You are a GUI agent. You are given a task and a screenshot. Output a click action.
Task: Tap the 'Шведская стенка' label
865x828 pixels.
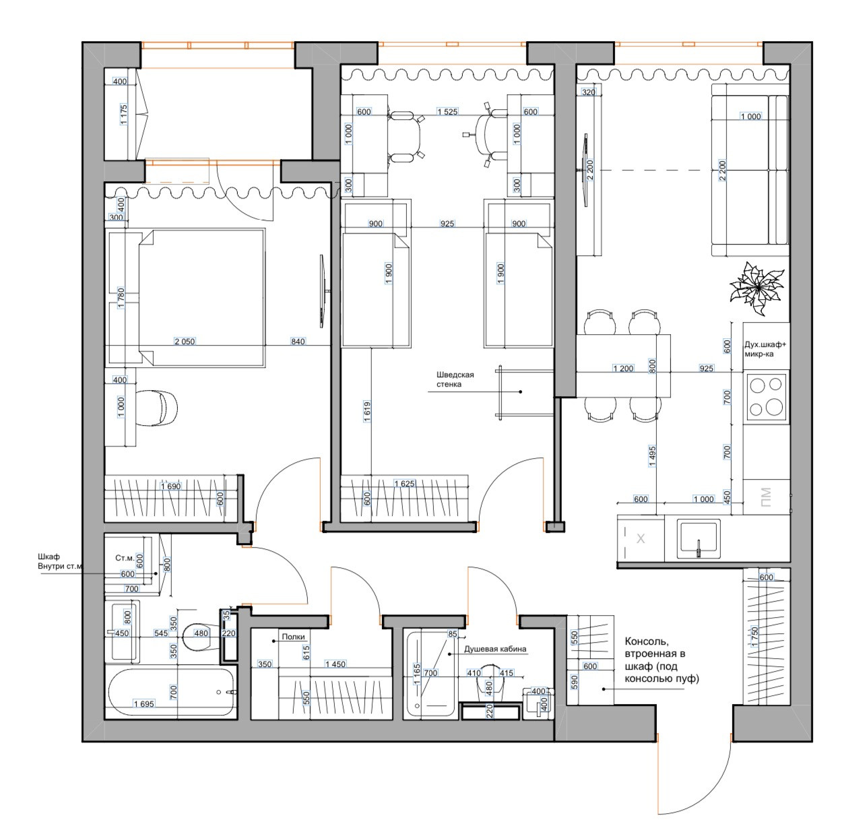point(455,379)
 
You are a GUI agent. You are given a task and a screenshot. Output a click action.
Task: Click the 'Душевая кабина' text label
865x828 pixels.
point(494,649)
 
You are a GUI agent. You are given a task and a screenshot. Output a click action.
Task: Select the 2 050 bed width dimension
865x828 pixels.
point(185,342)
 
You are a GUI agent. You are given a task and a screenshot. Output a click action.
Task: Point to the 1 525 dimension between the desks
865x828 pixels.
point(447,112)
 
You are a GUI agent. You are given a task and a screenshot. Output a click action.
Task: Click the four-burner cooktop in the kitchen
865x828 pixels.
point(766,396)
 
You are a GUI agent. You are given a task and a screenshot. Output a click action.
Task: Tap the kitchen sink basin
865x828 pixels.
point(699,539)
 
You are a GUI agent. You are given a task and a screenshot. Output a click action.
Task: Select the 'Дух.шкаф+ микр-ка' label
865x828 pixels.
point(765,349)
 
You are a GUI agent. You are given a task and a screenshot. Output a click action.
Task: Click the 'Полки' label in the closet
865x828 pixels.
point(293,637)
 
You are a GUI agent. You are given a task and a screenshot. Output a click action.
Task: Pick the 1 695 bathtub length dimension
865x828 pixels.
point(143,703)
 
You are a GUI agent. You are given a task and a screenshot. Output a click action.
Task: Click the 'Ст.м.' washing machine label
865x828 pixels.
point(125,558)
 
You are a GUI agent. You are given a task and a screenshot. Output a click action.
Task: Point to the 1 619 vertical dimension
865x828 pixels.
point(367,411)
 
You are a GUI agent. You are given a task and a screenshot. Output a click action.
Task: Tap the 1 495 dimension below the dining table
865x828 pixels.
point(652,455)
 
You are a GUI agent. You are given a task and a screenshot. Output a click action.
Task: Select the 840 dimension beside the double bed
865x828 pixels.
point(298,342)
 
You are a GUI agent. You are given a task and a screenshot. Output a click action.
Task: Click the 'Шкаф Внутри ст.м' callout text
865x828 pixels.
point(61,561)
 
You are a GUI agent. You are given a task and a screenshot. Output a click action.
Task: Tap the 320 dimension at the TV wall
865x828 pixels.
point(589,92)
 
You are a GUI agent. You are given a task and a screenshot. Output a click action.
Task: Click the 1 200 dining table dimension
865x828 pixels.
point(623,368)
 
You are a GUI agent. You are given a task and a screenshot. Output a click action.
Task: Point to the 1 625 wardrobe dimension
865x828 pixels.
point(404,484)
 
